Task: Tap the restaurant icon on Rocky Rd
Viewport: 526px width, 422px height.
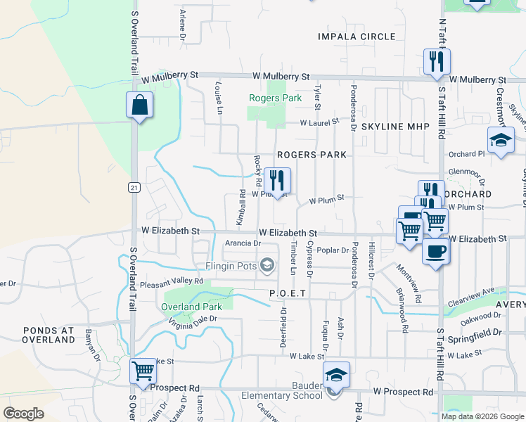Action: pos(277,180)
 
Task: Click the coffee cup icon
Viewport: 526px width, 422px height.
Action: pos(436,251)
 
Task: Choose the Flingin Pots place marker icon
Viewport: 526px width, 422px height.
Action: pos(267,265)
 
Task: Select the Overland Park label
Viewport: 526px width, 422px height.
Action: pos(191,307)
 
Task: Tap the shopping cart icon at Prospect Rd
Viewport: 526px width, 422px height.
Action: pos(143,370)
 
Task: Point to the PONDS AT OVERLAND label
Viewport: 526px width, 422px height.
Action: pos(49,335)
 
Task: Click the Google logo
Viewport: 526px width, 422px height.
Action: pos(23,413)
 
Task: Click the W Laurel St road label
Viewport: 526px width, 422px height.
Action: pos(319,122)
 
